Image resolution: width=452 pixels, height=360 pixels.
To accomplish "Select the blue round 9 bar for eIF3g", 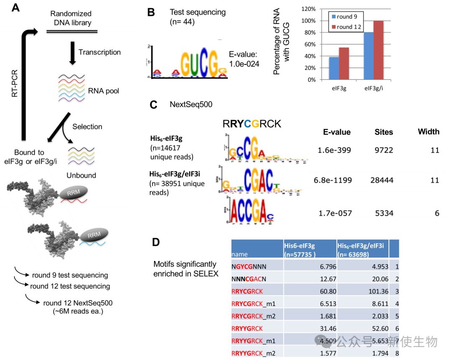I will pyautogui.click(x=334, y=68).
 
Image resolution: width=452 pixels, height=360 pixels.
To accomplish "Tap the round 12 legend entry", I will pyautogui.click(x=346, y=27).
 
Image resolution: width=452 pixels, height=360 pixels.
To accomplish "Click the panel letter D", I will pyautogui.click(x=155, y=242).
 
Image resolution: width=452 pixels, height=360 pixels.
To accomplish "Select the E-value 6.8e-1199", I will pyautogui.click(x=333, y=180).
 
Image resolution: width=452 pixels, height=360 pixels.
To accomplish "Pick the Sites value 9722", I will pyautogui.click(x=383, y=150).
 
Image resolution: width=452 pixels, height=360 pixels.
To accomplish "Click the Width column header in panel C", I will pyautogui.click(x=428, y=132).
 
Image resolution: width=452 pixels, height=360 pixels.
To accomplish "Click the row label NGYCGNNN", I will pyautogui.click(x=249, y=266).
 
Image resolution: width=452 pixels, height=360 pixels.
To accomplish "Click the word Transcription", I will pyautogui.click(x=100, y=52).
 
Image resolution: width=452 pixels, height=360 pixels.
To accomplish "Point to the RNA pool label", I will pyautogui.click(x=103, y=90).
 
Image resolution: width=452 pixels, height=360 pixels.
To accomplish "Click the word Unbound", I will pyautogui.click(x=82, y=175).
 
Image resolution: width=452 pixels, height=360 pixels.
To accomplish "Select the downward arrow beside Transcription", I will pyautogui.click(x=72, y=53).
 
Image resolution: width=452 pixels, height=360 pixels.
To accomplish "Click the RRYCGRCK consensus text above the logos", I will pyautogui.click(x=252, y=124).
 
